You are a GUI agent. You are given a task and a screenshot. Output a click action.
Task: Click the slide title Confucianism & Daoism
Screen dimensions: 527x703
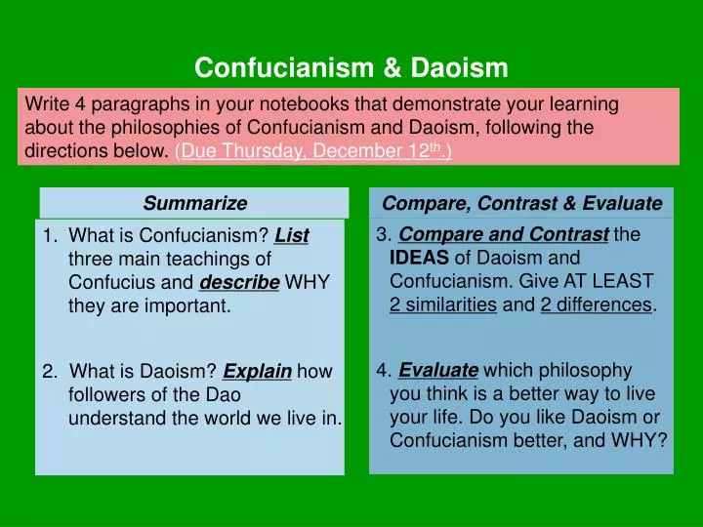pyautogui.click(x=351, y=67)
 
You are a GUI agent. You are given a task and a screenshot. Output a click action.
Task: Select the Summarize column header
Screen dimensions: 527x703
pyautogui.click(x=194, y=203)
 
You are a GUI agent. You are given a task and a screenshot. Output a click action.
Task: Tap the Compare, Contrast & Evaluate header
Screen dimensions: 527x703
pyautogui.click(x=521, y=203)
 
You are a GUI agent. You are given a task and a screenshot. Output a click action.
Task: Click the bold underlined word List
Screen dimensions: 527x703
pyautogui.click(x=292, y=236)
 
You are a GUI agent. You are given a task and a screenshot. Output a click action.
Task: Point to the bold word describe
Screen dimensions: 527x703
pyautogui.click(x=239, y=283)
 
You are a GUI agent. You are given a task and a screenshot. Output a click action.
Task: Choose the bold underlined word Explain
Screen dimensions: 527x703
pyautogui.click(x=257, y=371)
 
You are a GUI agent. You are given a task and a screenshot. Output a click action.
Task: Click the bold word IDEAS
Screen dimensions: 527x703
pyautogui.click(x=420, y=259)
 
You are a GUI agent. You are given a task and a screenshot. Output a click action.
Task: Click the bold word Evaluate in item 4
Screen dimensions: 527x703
pyautogui.click(x=438, y=370)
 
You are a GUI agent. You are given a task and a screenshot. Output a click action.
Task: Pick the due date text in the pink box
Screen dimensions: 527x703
pyautogui.click(x=313, y=151)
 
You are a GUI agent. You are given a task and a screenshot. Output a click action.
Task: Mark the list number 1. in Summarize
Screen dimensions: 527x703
pyautogui.click(x=51, y=236)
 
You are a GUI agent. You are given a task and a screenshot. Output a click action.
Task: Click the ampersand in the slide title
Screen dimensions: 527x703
pyautogui.click(x=390, y=67)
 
